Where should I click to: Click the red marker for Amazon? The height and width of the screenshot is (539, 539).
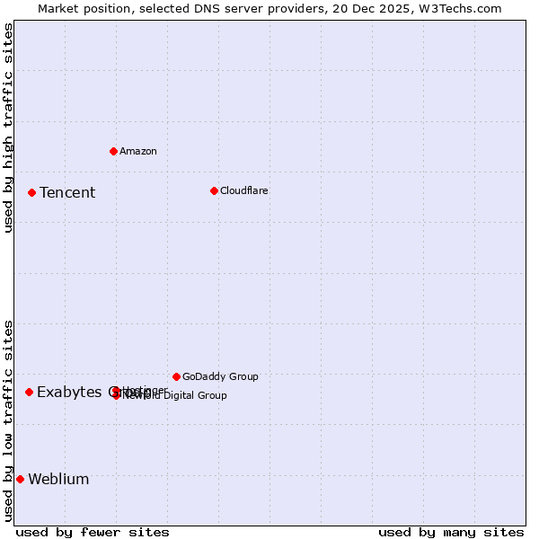click(x=113, y=151)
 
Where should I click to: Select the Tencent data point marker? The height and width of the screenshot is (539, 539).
click(x=31, y=192)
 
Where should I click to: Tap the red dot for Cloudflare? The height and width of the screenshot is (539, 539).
click(x=214, y=190)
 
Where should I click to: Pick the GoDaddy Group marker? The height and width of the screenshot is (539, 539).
click(x=176, y=376)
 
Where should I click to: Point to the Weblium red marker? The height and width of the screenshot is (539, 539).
click(x=20, y=479)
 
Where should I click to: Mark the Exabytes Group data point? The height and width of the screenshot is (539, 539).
click(x=29, y=392)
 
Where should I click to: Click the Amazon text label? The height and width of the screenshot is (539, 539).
click(x=138, y=151)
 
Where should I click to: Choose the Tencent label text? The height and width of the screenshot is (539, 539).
click(x=67, y=192)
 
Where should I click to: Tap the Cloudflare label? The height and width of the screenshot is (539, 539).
click(x=244, y=190)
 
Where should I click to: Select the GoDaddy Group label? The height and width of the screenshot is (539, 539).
click(x=220, y=376)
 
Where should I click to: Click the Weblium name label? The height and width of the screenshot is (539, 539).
click(x=58, y=479)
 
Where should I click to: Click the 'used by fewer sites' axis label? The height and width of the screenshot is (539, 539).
click(x=93, y=532)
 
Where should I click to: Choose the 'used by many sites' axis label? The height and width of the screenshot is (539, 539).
click(x=451, y=532)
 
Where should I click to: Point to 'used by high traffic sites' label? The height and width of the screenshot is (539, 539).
click(x=8, y=128)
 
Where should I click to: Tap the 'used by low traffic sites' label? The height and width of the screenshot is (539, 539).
click(x=8, y=420)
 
